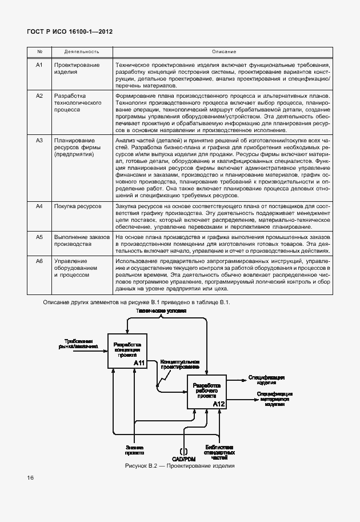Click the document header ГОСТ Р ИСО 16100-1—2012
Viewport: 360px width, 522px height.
pyautogui.click(x=70, y=32)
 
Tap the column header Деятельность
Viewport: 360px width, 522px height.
pyautogui.click(x=74, y=51)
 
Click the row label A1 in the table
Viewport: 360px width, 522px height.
pyautogui.click(x=39, y=65)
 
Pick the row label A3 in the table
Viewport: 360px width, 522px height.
pyautogui.click(x=39, y=140)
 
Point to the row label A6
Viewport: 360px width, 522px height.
pyautogui.click(x=39, y=261)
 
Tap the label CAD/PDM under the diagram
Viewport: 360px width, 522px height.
pyautogui.click(x=183, y=458)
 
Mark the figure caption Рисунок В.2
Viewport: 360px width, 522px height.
pyautogui.click(x=180, y=467)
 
